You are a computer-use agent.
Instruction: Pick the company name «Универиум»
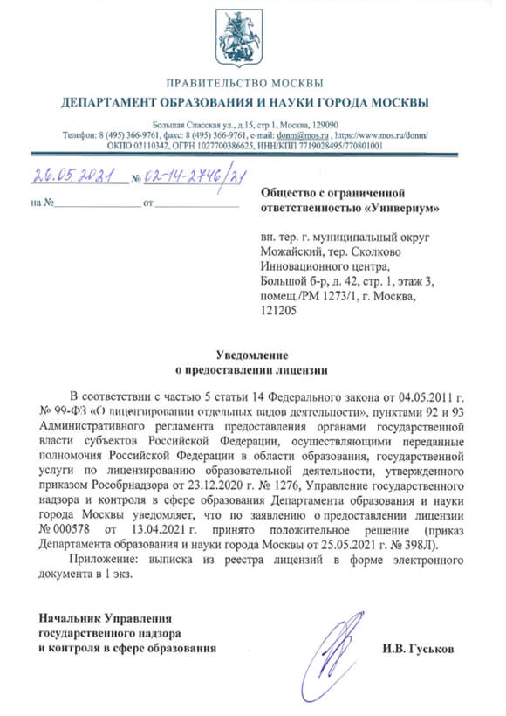click(x=402, y=209)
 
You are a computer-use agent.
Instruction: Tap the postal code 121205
click(x=278, y=310)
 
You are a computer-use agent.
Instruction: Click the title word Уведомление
click(x=254, y=354)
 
